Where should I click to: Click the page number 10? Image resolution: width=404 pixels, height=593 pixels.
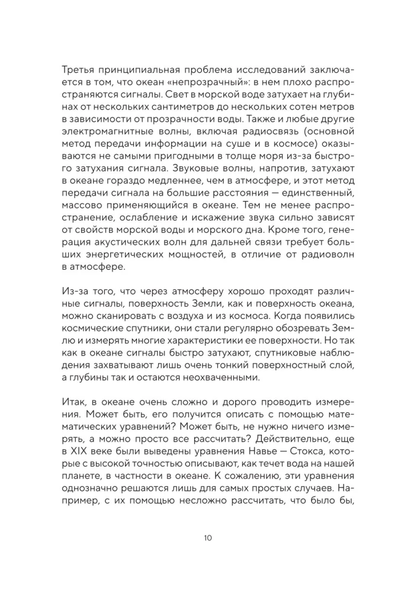(x=202, y=538)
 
